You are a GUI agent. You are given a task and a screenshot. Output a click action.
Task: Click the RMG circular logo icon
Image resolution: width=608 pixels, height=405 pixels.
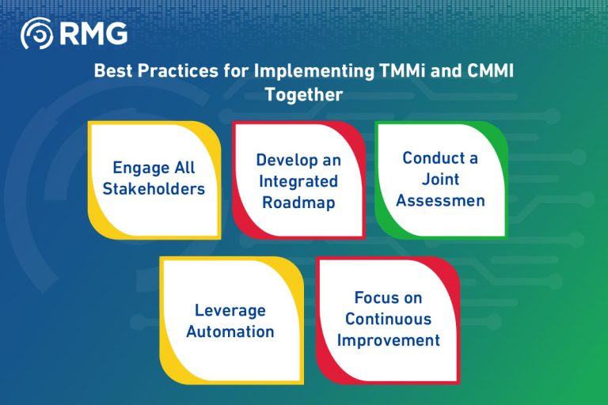pos(36,34)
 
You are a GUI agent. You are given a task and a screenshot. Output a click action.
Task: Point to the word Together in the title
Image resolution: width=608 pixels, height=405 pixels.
pos(304,94)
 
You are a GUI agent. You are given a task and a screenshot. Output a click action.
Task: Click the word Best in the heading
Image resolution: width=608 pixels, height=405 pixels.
pos(113,70)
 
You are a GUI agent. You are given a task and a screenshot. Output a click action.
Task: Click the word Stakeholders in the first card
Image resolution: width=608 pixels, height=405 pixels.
pos(154,188)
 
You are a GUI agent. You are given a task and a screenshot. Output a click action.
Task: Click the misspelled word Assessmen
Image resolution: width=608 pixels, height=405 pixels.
pos(440,200)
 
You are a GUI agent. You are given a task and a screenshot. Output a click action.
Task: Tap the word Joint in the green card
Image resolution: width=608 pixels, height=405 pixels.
pos(439,179)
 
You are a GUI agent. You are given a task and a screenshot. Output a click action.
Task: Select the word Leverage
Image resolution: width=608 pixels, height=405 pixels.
pos(230,310)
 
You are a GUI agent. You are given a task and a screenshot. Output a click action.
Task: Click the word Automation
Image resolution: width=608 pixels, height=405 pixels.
pos(230,331)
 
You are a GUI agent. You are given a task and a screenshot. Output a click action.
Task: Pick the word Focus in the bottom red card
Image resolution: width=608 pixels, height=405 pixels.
pos(377,298)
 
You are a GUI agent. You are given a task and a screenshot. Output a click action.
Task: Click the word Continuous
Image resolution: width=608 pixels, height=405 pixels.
pos(388,319)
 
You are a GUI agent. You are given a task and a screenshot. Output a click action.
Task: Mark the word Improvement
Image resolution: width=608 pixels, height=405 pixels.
pos(388,340)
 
